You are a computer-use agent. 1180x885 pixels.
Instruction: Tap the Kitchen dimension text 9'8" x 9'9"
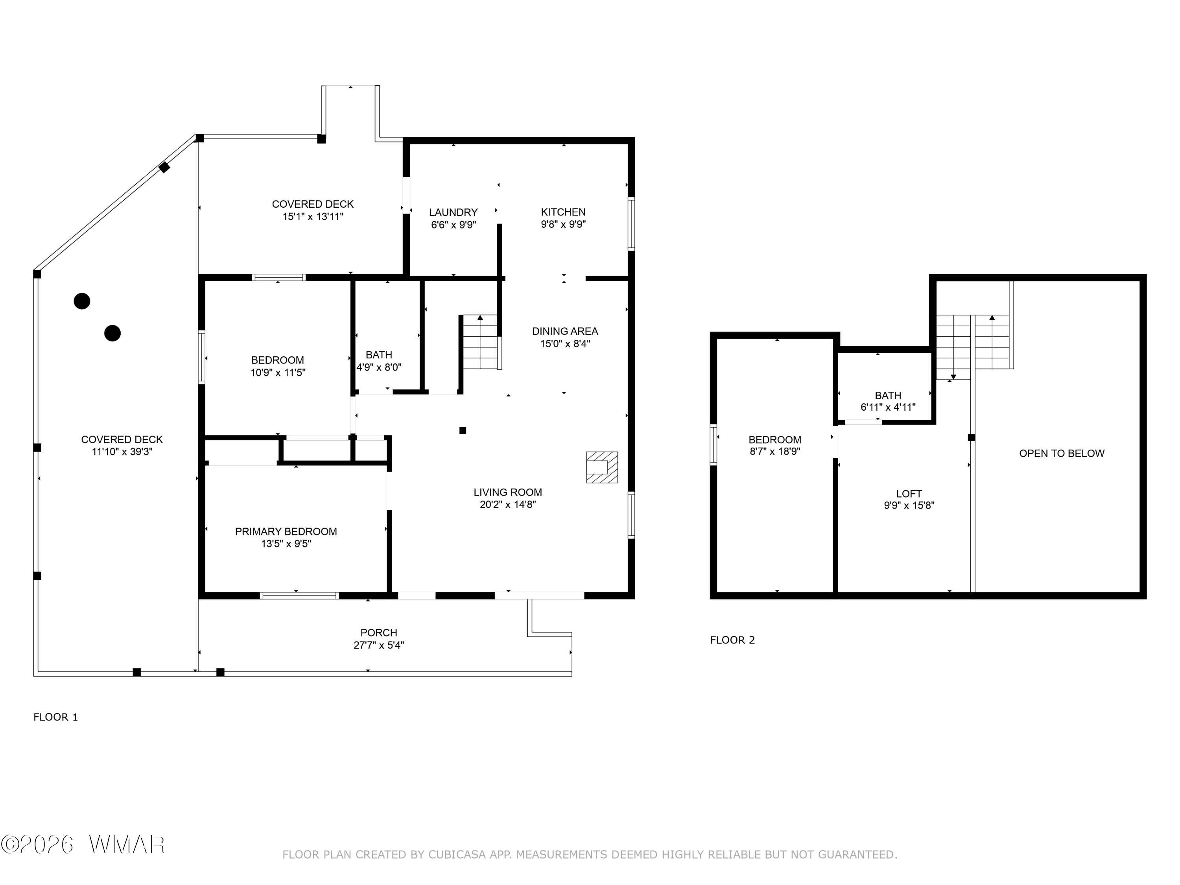click(563, 225)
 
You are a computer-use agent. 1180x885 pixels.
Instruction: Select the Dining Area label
click(565, 331)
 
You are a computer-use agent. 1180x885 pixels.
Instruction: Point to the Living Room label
click(508, 492)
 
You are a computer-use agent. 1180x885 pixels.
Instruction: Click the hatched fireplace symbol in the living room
click(602, 467)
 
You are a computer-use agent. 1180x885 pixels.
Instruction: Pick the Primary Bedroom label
click(286, 531)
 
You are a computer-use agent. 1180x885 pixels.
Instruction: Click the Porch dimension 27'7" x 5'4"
click(379, 645)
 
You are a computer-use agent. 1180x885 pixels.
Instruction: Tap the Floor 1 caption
click(56, 717)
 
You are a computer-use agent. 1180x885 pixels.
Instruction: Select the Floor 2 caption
click(732, 640)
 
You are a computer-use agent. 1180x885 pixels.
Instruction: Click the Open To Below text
click(1062, 454)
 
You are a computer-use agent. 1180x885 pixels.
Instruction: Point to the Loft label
click(909, 494)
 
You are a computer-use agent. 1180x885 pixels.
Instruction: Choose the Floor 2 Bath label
click(888, 396)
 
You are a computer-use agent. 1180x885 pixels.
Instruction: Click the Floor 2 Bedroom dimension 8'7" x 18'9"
click(775, 451)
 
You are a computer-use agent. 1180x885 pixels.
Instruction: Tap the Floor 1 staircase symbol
click(481, 342)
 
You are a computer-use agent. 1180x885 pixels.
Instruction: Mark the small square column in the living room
click(463, 430)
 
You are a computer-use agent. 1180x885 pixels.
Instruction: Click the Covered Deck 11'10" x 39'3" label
click(122, 445)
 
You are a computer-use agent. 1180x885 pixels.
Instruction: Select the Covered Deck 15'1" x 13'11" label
click(313, 210)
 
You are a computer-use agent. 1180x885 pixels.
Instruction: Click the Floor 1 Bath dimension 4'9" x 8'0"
click(379, 367)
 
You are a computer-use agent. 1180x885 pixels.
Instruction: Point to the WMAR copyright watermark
click(83, 844)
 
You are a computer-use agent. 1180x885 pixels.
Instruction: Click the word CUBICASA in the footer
click(457, 855)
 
